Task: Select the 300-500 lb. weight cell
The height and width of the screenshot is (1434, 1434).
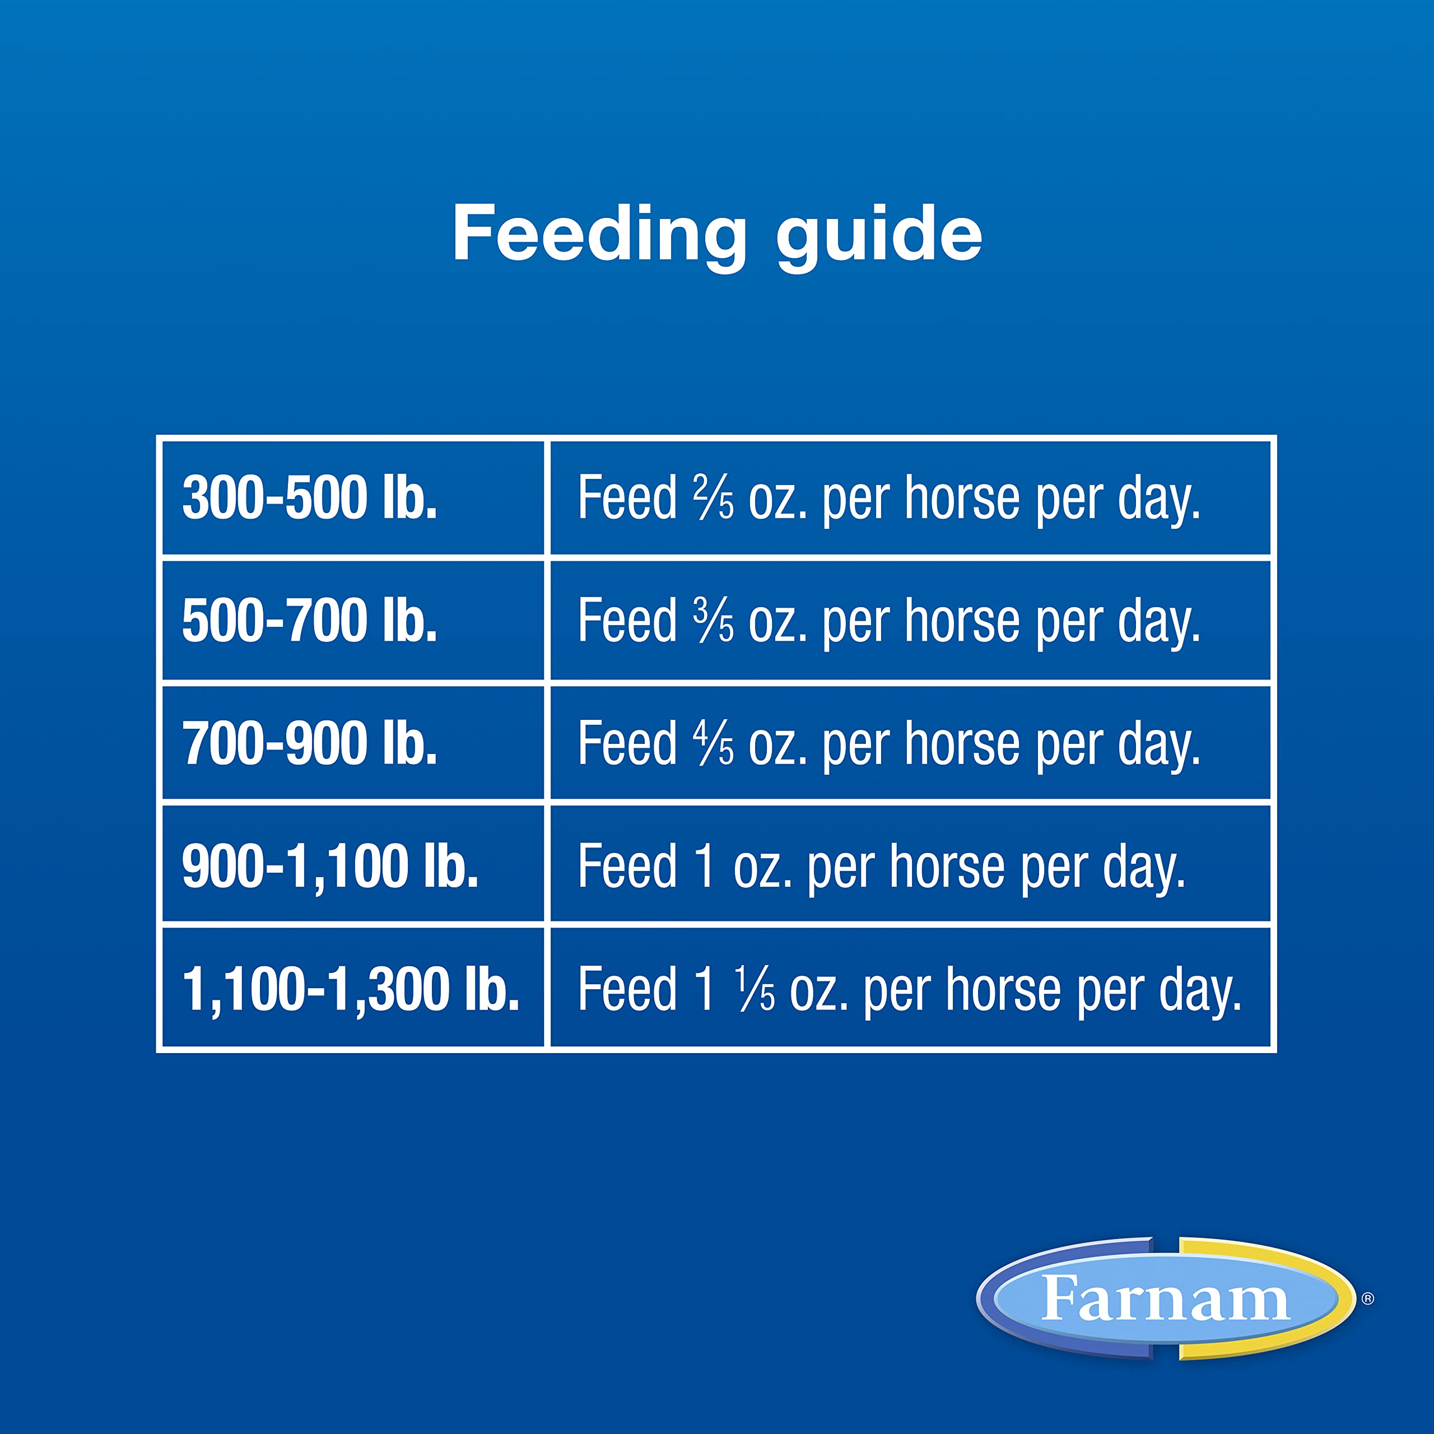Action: coord(310,497)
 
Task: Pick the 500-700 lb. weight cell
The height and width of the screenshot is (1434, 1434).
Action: coord(310,621)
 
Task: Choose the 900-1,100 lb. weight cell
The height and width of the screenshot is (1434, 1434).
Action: coord(330,866)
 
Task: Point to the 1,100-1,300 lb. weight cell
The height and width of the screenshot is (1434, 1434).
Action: coord(350,989)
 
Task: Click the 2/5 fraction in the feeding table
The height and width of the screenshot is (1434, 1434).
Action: coord(713,497)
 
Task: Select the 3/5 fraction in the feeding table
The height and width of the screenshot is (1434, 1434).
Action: coord(713,621)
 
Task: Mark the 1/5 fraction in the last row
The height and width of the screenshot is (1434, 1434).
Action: coord(755,989)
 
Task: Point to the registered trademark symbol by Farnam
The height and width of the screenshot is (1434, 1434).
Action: coord(1368,1298)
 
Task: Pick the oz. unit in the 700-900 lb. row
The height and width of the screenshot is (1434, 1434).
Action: coord(777,745)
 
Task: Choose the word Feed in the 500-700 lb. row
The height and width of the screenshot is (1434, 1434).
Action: coord(627,621)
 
